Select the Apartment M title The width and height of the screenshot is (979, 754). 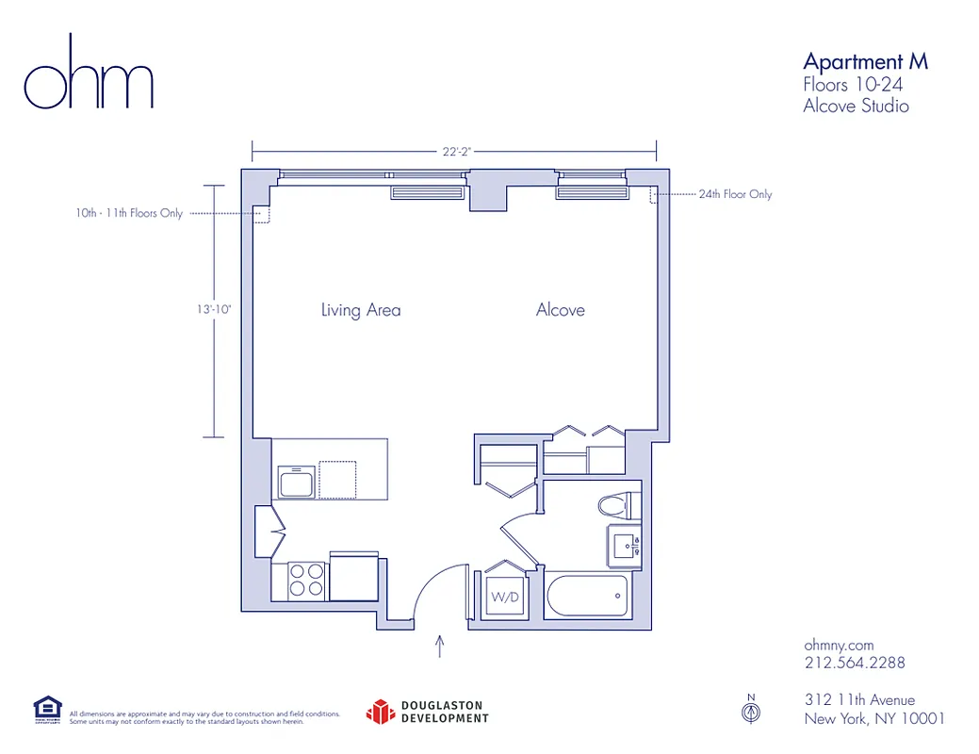(x=865, y=62)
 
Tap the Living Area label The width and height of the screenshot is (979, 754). (x=360, y=310)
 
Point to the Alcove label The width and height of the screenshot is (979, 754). (x=560, y=310)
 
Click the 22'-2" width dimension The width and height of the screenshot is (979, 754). (x=457, y=151)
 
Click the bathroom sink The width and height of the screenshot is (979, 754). (x=626, y=546)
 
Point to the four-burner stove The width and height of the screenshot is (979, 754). (x=305, y=580)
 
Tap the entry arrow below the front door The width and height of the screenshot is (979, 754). (x=440, y=646)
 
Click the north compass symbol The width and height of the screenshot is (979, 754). (x=751, y=712)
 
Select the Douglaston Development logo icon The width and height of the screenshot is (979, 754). (x=379, y=712)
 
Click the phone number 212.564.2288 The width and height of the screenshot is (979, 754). (x=854, y=663)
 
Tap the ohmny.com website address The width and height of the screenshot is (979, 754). (x=839, y=646)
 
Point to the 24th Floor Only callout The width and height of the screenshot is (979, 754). (x=735, y=194)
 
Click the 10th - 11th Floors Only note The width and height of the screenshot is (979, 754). (x=129, y=214)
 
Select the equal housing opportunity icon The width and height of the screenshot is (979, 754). (x=47, y=710)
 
